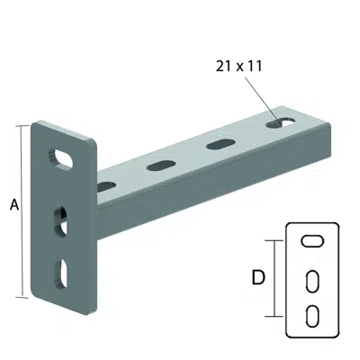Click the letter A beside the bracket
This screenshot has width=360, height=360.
pyautogui.click(x=13, y=205)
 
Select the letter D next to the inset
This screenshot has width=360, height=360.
pyautogui.click(x=258, y=278)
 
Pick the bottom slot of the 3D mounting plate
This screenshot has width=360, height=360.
pyautogui.click(x=61, y=272)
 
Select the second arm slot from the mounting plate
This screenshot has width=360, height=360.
pyautogui.click(x=162, y=165)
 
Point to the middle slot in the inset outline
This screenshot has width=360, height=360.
pyautogui.click(x=310, y=280)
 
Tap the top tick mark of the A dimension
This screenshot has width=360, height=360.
pyautogui.click(x=21, y=126)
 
